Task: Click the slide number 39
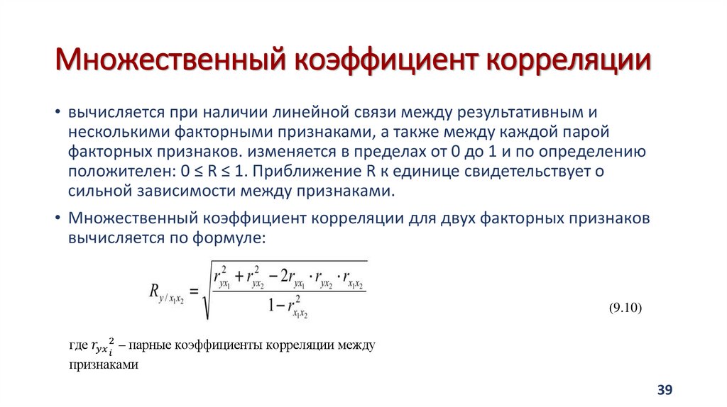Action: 665,390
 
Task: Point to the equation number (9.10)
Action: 625,307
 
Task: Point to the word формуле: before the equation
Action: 226,239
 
